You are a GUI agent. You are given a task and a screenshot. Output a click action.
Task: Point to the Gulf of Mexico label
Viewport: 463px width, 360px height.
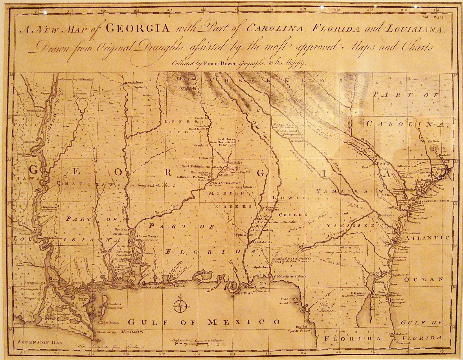[x=204, y=322]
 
